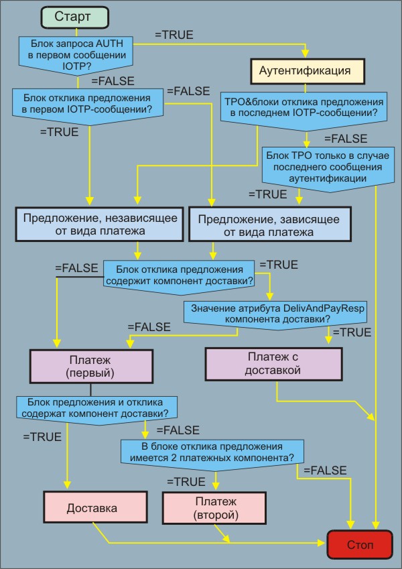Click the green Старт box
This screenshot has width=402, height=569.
(x=74, y=17)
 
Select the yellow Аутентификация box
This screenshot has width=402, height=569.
(x=308, y=70)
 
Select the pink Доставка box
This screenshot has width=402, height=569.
(x=92, y=508)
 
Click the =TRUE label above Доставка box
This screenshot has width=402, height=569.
(x=42, y=436)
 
